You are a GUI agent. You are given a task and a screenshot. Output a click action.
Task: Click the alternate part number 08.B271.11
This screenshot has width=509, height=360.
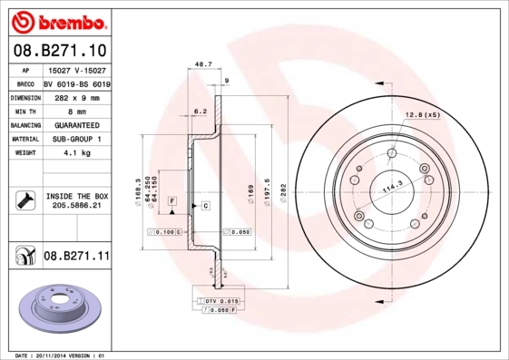tap(76, 257)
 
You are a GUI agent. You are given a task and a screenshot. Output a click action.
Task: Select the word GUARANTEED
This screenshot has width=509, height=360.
tap(77, 124)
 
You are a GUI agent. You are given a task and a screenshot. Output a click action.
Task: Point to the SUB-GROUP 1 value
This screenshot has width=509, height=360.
tap(77, 139)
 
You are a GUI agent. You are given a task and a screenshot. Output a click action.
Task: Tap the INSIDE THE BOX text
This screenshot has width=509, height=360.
tap(77, 196)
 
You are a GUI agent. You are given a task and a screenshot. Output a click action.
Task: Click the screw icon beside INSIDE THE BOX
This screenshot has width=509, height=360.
tap(23, 200)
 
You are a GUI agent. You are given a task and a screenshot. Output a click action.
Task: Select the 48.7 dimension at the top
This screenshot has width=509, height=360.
tap(203, 64)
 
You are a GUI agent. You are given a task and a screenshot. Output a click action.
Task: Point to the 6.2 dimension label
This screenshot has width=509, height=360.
tap(201, 112)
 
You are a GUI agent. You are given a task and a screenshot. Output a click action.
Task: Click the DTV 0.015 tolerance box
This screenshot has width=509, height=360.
tap(220, 300)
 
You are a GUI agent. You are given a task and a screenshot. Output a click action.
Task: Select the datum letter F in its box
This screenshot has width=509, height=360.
tap(171, 199)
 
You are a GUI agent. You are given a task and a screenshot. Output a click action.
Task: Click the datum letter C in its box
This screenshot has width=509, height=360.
tap(206, 206)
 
